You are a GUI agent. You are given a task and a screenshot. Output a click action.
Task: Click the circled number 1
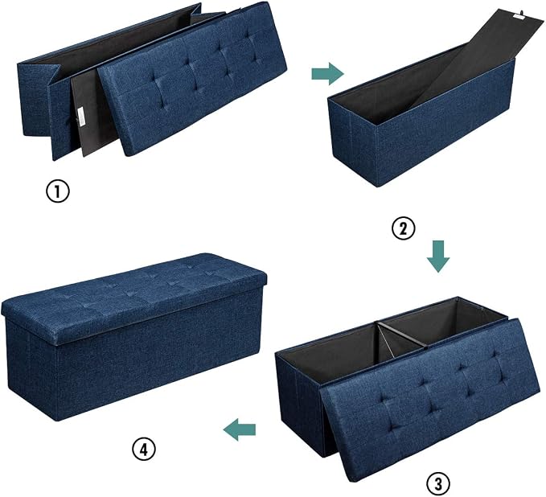coord(58,191)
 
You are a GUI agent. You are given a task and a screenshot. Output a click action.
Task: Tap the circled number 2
coord(404,228)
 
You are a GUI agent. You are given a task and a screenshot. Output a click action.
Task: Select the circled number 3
coord(438,484)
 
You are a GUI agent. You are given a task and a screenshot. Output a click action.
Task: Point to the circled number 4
coord(143,449)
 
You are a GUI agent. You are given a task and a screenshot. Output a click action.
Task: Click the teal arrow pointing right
coord(327,74)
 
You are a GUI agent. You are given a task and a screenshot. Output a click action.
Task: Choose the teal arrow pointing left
coord(240,429)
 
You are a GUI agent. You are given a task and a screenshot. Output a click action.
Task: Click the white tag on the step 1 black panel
coord(80,117)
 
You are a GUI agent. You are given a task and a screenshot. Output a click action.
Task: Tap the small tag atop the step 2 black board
coord(519,15)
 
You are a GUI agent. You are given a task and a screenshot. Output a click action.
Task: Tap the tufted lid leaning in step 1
coord(192,77)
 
